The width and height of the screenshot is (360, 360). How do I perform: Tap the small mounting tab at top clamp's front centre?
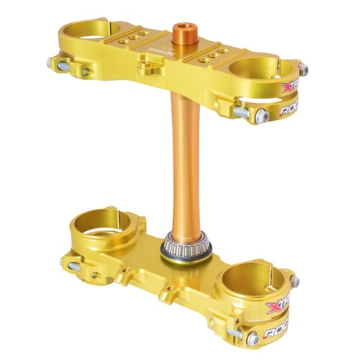click(148, 69)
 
